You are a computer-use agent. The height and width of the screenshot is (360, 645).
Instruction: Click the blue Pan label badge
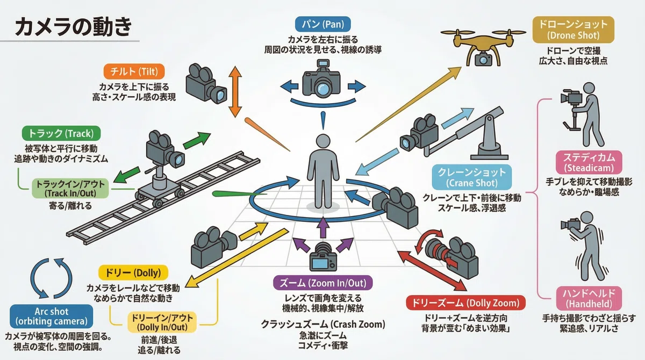(323, 24)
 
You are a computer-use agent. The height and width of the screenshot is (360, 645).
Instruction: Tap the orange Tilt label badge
(134, 71)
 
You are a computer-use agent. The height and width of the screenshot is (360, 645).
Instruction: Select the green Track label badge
(61, 134)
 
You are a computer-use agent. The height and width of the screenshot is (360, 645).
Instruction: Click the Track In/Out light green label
(70, 189)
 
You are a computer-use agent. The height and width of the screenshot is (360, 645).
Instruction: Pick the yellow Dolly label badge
(133, 272)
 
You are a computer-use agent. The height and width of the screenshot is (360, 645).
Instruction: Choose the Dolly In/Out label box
(162, 322)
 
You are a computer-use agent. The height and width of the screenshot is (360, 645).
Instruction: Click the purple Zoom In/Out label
(323, 283)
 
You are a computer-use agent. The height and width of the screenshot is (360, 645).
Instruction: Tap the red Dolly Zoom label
(465, 303)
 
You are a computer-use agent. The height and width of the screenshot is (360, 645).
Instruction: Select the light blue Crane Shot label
(472, 177)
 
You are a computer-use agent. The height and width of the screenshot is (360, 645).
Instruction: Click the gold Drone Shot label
(574, 30)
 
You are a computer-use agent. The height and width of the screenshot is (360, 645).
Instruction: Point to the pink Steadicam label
(589, 163)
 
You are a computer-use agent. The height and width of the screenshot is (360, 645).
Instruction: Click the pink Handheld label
(589, 298)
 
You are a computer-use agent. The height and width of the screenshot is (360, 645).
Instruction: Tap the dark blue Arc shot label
(51, 316)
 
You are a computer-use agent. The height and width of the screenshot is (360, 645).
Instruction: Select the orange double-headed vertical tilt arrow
(235, 91)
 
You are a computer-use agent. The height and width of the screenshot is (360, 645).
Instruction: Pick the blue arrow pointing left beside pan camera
(289, 86)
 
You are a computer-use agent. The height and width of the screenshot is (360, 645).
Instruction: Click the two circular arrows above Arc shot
(51, 278)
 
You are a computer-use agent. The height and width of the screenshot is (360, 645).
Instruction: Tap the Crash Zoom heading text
(323, 325)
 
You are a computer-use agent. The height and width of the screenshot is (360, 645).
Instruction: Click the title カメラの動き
(74, 26)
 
